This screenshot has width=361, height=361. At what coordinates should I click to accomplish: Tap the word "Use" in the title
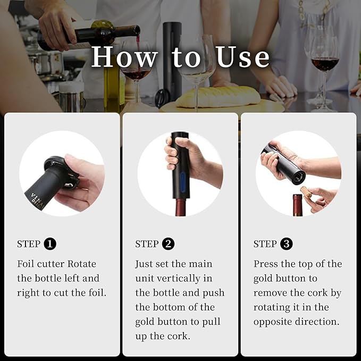point(243,57)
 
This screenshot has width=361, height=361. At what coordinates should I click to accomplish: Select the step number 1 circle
point(50,244)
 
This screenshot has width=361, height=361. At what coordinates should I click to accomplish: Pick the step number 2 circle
point(168,244)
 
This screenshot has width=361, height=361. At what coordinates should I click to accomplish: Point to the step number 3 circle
point(286,244)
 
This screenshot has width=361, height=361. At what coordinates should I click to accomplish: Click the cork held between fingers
point(307,192)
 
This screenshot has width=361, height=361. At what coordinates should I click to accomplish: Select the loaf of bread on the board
point(218,97)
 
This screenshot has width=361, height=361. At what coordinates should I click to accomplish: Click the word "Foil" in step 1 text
point(27,264)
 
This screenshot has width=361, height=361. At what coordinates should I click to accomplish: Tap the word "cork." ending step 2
point(180,336)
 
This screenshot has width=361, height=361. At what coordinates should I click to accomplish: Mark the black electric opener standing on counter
point(172,58)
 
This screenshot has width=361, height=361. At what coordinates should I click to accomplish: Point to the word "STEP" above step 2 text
point(147,244)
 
